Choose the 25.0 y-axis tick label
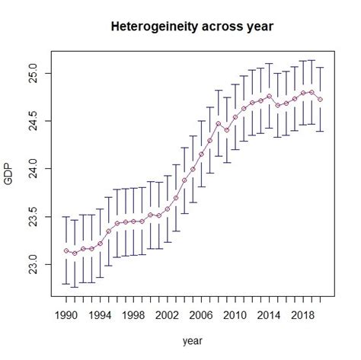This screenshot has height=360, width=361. click(x=35, y=73)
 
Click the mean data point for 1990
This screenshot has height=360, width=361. click(x=66, y=250)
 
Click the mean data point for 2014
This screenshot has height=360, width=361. click(x=270, y=97)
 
